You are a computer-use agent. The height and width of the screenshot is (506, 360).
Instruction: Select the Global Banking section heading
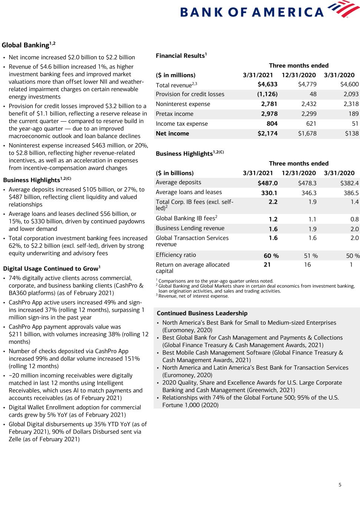pyautogui.click(x=29, y=45)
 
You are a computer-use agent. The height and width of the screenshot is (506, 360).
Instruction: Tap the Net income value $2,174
pyautogui.click(x=267, y=133)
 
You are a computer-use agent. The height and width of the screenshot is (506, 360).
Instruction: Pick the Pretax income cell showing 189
pyautogui.click(x=353, y=114)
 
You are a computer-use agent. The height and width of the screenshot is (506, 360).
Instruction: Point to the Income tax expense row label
pyautogui.click(x=182, y=124)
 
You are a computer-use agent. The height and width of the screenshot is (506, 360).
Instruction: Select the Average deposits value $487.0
pyautogui.click(x=267, y=183)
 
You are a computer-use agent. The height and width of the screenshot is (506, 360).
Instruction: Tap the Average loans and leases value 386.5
pyautogui.click(x=351, y=193)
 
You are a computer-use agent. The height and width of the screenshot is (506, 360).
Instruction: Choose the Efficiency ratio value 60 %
pyautogui.click(x=271, y=256)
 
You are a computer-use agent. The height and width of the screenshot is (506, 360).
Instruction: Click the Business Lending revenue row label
pyautogui.click(x=190, y=228)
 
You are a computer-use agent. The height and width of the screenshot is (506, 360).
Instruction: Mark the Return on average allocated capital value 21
pyautogui.click(x=267, y=265)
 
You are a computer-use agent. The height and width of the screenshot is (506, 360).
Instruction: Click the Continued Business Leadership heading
pyautogui.click(x=202, y=313)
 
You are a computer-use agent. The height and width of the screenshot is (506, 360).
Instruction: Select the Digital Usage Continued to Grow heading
pyautogui.click(x=52, y=269)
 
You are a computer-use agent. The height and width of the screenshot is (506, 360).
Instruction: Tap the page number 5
pyautogui.click(x=340, y=484)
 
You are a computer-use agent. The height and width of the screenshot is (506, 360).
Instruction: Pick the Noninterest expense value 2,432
pyautogui.click(x=308, y=104)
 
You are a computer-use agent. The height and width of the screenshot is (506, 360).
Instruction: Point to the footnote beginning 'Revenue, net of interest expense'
pyautogui.click(x=193, y=296)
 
